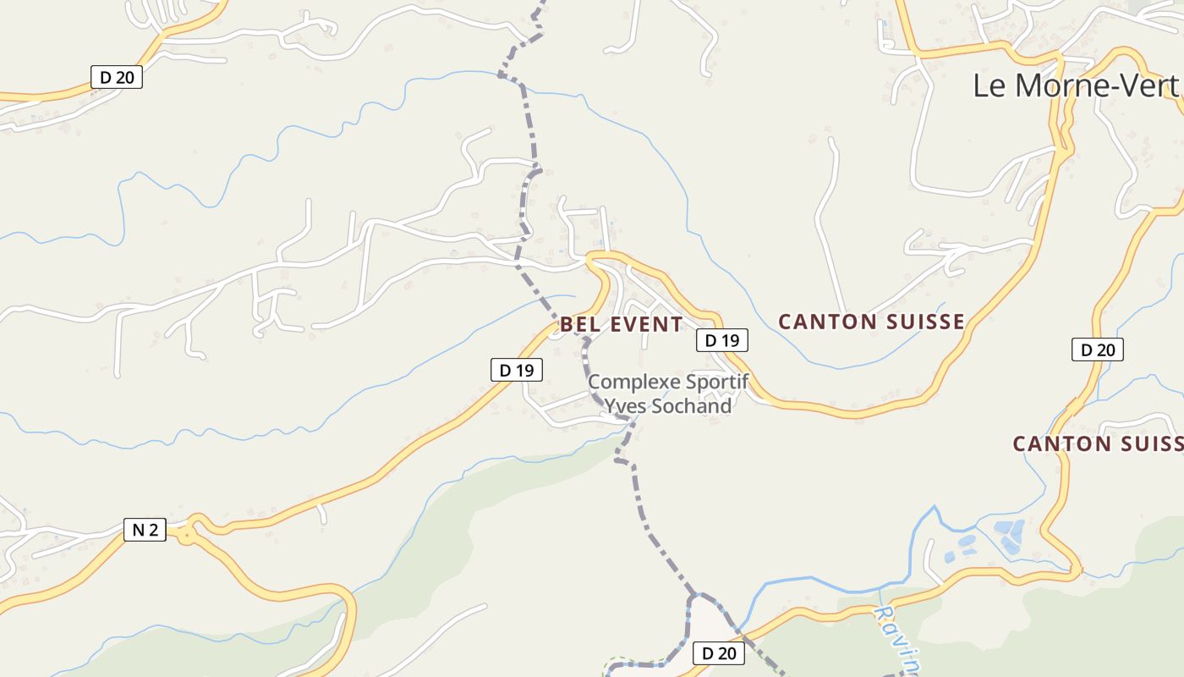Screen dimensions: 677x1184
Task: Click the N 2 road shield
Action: (145, 530)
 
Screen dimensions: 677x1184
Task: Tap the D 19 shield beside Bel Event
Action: (721, 340)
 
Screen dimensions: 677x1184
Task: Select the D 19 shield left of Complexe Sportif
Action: (516, 370)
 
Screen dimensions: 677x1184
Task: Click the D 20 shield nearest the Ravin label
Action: (719, 652)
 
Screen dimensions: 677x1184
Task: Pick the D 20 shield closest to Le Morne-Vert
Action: (1097, 350)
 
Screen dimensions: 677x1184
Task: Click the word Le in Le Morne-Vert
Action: (989, 85)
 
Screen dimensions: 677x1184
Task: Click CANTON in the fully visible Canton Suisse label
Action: (826, 322)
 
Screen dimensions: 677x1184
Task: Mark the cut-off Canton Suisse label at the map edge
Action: (1098, 443)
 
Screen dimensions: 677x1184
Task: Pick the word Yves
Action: (626, 406)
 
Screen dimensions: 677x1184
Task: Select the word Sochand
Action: (690, 406)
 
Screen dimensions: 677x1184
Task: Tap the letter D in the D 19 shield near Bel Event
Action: (710, 340)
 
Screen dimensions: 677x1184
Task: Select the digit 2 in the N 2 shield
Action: (153, 530)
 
